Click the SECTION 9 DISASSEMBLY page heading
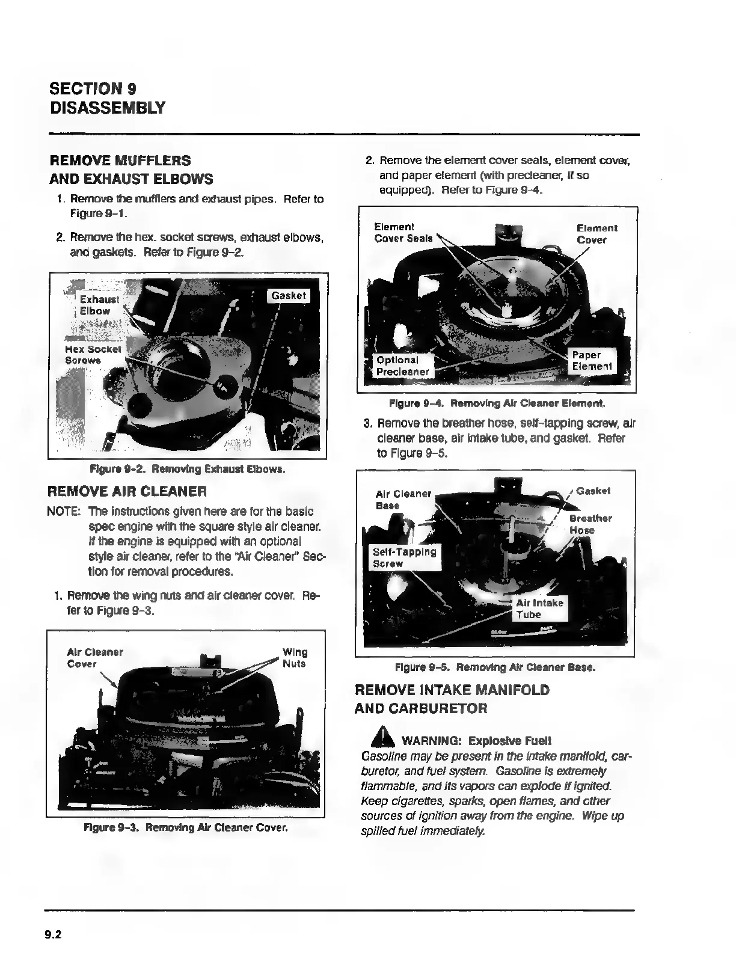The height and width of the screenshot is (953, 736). pos(107,98)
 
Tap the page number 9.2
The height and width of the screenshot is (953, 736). pos(53,934)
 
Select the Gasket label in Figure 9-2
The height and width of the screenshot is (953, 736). pos(289,296)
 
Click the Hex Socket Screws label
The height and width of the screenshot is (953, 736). pos(93,355)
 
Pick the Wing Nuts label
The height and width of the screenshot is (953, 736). pos(295,658)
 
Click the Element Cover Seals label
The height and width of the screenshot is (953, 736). pos(403,233)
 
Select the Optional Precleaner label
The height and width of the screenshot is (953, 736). pos(402,366)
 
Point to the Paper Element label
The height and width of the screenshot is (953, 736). pos(592,360)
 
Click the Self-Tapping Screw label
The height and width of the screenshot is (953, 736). pos(404,557)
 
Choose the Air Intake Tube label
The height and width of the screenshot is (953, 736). pos(539,608)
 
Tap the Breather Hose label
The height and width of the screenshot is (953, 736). pos(590,524)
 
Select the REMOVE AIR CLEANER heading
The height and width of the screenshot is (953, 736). pos(127,491)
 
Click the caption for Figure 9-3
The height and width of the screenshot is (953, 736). pos(186,828)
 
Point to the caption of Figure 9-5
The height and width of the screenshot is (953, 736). pos(495,667)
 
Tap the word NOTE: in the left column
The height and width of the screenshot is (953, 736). pos(64,512)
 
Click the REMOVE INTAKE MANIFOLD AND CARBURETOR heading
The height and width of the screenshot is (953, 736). pos(452,699)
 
